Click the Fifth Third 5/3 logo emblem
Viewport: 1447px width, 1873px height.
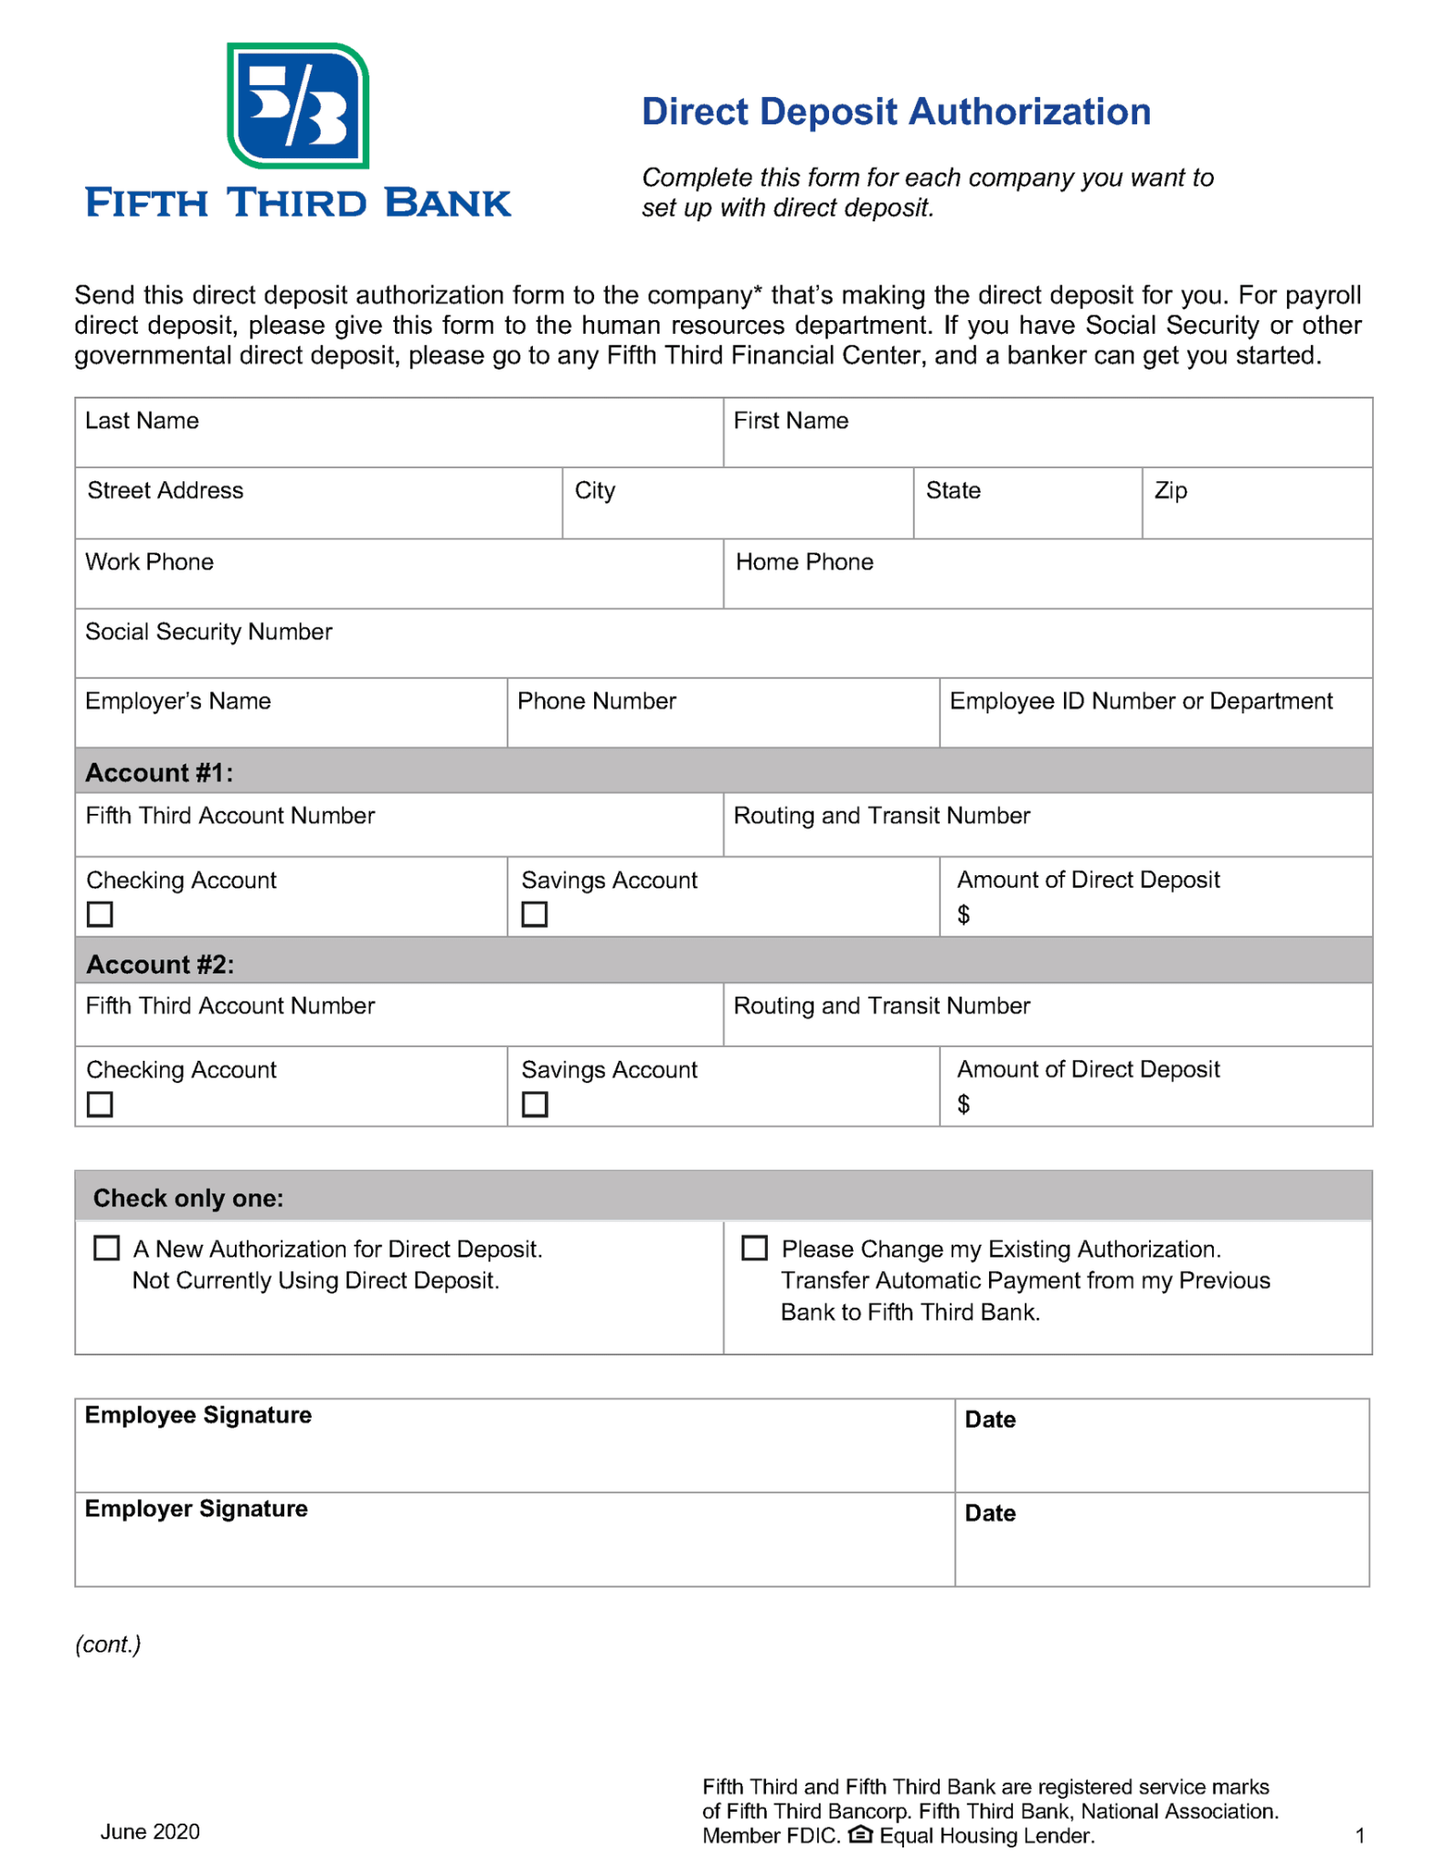coord(297,106)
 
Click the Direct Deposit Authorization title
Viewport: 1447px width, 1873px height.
coord(895,112)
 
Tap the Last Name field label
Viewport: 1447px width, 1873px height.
coord(142,421)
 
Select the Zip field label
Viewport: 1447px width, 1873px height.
coord(1170,491)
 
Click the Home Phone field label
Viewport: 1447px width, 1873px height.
coord(803,562)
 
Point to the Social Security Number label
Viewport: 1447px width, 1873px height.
coord(208,632)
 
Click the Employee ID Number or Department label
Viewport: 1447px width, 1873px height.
coord(1140,701)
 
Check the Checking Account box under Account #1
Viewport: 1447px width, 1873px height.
coord(100,914)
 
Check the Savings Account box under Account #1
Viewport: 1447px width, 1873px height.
coord(535,914)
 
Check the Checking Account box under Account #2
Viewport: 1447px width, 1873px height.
coord(100,1104)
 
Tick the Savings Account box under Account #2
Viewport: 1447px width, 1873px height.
coord(535,1104)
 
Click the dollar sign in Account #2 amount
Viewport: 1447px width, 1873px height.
coord(963,1105)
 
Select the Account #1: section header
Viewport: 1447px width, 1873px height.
coord(159,774)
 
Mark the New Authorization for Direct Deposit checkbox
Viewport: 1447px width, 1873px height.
coord(107,1248)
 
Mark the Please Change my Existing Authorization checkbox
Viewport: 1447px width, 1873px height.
coord(754,1248)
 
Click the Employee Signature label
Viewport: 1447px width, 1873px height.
coord(197,1415)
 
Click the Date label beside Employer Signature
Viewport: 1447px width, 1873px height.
coord(989,1514)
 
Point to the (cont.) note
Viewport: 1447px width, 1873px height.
coord(108,1644)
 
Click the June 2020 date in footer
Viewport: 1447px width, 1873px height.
coord(150,1832)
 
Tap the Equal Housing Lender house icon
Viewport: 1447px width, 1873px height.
coord(860,1836)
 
